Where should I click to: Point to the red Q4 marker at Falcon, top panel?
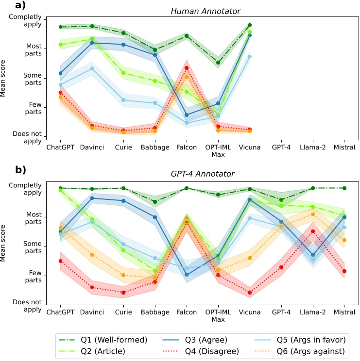187,68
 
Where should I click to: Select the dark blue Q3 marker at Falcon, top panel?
187,115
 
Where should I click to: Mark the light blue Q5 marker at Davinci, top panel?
92,68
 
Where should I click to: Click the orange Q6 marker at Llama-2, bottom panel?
313,214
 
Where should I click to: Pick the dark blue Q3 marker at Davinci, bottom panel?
92,198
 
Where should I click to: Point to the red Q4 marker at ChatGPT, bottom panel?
60,261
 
